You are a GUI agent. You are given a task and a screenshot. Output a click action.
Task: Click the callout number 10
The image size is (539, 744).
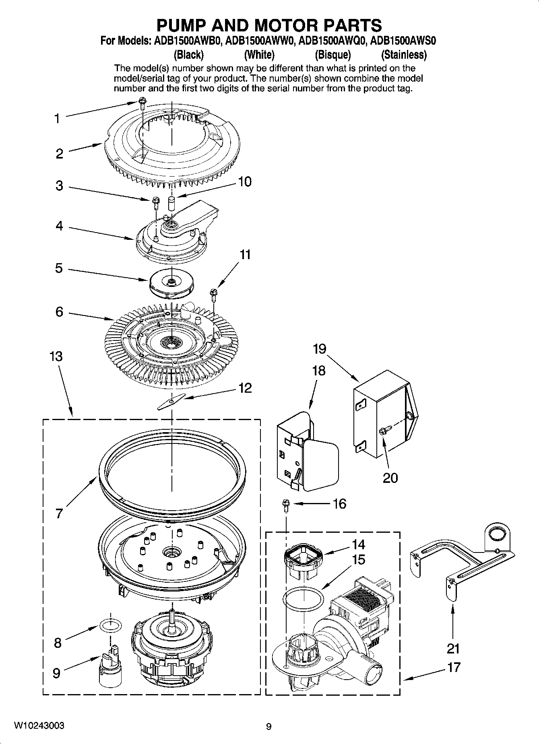244,181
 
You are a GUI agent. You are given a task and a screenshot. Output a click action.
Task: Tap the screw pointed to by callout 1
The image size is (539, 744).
141,102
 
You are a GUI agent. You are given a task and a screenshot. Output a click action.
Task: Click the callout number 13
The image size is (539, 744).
56,356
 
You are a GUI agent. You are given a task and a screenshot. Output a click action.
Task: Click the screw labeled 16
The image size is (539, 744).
286,505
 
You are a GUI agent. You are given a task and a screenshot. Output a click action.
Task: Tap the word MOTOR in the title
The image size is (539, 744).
287,25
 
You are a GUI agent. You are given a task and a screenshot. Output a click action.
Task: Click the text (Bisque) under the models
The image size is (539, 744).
332,54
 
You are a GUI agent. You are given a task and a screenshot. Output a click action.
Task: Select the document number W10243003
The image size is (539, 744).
39,725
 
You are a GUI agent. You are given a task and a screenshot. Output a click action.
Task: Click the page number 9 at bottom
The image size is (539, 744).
269,726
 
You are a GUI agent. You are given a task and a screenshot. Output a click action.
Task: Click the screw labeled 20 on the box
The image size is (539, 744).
382,432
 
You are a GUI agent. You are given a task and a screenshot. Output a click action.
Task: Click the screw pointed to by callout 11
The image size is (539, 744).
213,295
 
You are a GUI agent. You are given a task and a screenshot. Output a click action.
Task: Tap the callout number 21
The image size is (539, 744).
453,648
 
